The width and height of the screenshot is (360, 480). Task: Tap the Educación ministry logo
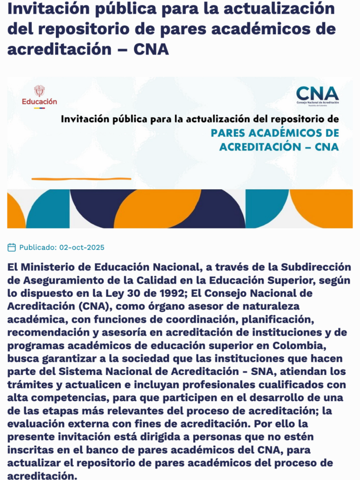[39, 96]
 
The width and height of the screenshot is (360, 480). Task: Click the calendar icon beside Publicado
[12, 247]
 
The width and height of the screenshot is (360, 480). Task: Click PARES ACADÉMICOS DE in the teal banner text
[275, 133]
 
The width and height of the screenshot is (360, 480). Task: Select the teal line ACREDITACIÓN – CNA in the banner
[279, 147]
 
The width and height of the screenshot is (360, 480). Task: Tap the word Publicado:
[38, 247]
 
